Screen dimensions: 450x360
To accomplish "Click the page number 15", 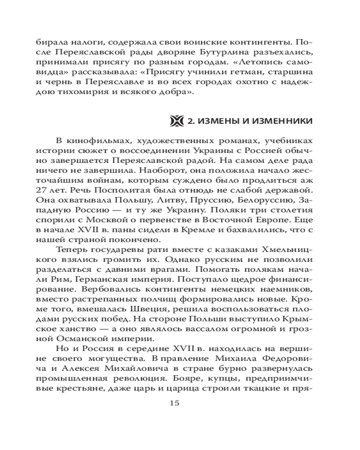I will point(175,403).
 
